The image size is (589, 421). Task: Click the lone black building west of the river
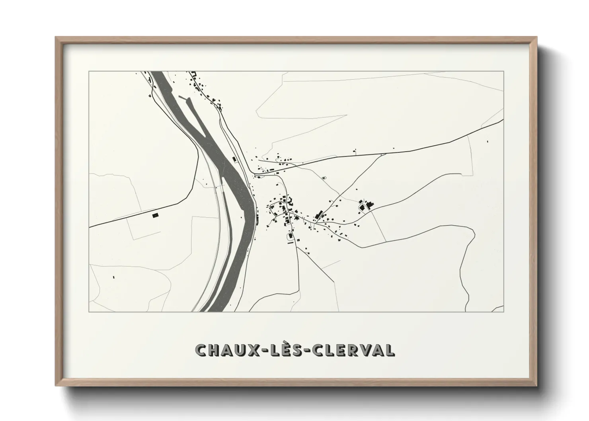155,215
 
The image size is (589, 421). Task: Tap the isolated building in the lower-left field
113,277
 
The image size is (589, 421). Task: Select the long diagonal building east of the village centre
318,215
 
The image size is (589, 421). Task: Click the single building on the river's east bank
234,160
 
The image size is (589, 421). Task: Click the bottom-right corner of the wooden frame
536,385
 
